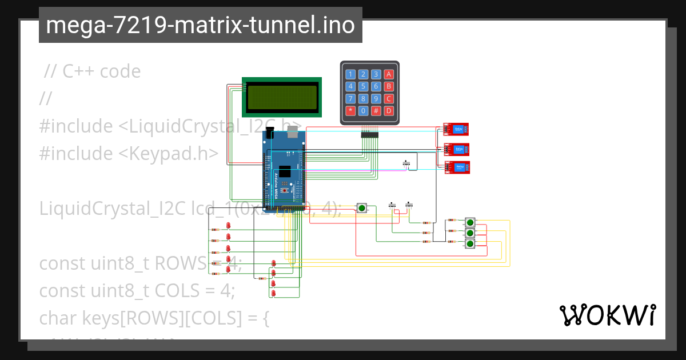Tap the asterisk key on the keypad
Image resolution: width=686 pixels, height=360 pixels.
[350, 111]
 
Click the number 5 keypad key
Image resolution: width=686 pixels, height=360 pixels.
[363, 86]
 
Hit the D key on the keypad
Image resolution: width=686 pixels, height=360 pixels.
[389, 111]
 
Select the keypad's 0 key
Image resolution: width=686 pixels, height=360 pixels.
[363, 111]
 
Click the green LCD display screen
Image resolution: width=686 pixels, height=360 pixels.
[282, 97]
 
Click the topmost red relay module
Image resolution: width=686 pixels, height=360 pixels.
[457, 130]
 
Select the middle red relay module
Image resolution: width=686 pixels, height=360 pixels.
[457, 149]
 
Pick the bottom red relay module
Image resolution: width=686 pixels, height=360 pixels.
[458, 167]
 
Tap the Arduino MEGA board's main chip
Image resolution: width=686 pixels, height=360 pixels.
[285, 172]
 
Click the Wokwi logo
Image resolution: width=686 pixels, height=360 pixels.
[607, 315]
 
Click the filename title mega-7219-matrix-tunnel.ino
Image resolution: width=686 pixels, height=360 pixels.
[200, 26]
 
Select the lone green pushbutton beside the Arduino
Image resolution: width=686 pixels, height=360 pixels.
[361, 208]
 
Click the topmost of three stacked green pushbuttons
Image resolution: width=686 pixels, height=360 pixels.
[470, 222]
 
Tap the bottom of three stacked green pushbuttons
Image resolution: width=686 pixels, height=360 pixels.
[470, 244]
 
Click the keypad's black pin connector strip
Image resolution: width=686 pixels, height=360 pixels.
[369, 135]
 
